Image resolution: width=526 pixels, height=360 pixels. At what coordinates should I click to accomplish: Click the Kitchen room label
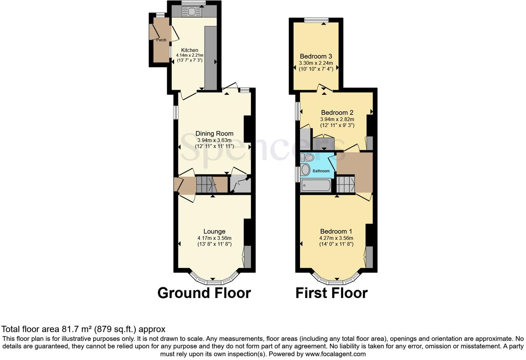click(x=190, y=50)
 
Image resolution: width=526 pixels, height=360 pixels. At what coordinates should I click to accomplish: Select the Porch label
click(x=161, y=40)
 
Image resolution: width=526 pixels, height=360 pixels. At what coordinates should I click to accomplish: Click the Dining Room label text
click(x=214, y=134)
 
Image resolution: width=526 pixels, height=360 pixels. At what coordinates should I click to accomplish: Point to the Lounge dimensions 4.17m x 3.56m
click(x=214, y=238)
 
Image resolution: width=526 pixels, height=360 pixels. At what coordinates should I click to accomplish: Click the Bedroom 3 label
click(x=316, y=56)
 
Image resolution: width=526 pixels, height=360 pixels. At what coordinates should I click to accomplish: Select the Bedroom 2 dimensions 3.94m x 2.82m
click(x=337, y=119)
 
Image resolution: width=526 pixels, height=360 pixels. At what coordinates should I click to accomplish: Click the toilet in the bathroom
click(x=307, y=157)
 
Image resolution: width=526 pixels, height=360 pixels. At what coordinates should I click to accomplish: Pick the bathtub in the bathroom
click(x=316, y=186)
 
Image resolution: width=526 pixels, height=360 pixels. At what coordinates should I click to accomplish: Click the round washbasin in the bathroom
click(x=306, y=170)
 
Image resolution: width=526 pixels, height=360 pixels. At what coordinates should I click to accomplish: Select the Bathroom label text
click(x=321, y=171)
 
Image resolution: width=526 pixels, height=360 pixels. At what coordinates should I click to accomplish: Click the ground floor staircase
click(x=206, y=184)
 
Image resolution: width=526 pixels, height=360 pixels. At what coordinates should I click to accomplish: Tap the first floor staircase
click(x=345, y=184)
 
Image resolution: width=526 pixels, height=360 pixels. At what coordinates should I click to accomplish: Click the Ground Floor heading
click(x=204, y=293)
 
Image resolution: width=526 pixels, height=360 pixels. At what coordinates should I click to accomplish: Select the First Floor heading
click(x=331, y=293)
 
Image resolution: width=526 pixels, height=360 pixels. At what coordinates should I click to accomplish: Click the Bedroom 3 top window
click(x=316, y=20)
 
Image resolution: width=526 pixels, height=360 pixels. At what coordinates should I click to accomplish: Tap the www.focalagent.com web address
click(x=335, y=354)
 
